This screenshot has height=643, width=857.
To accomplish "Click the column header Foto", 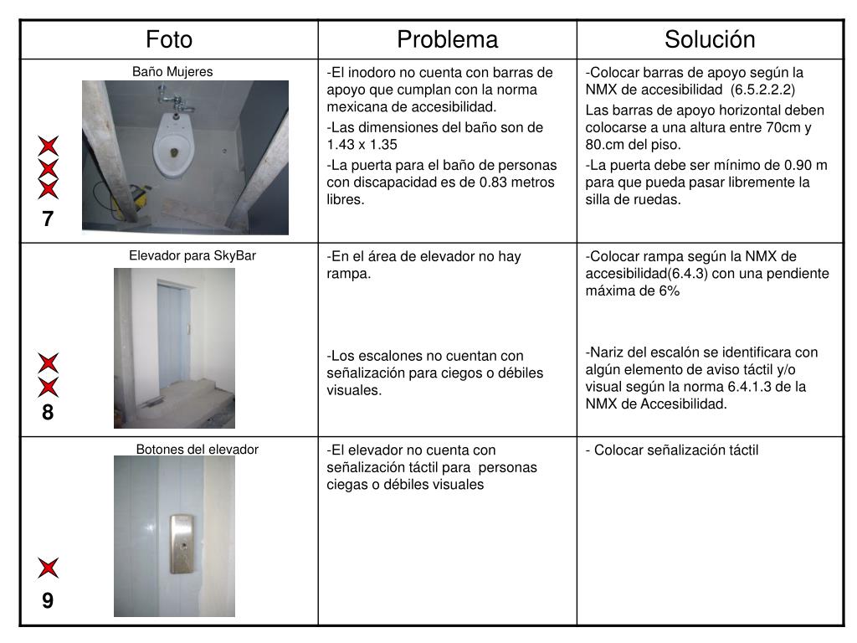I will click(169, 39).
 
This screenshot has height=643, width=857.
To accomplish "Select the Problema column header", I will click(447, 39).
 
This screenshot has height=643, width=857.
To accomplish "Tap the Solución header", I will click(710, 39).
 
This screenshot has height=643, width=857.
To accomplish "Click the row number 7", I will click(48, 219).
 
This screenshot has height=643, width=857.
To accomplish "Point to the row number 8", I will click(48, 413).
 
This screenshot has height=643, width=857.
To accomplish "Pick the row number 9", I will click(48, 600).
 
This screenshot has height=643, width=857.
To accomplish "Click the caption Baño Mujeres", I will click(172, 72).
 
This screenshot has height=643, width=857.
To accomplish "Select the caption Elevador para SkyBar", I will click(192, 256).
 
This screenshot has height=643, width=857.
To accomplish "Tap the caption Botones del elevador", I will click(198, 450).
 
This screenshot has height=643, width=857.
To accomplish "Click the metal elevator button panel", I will click(182, 544).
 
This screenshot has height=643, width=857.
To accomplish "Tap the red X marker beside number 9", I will click(48, 568).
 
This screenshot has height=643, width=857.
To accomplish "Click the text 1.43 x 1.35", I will click(362, 145).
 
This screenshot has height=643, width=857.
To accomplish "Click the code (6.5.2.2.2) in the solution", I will click(762, 90).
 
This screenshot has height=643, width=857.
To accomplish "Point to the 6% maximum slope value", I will click(669, 291).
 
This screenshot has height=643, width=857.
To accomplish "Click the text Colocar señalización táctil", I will click(676, 450).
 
